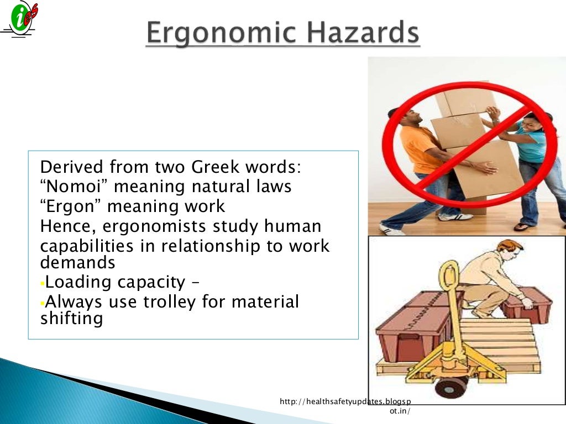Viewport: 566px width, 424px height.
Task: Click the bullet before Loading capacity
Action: pyautogui.click(x=42, y=284)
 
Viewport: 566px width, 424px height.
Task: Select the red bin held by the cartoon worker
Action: pyautogui.click(x=527, y=304)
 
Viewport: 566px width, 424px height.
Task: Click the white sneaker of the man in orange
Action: pyautogui.click(x=391, y=229)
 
